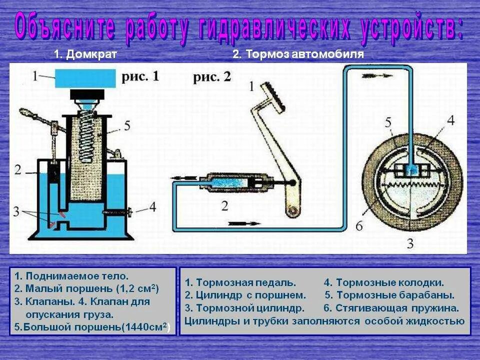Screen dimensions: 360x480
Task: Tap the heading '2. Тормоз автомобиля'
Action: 298,54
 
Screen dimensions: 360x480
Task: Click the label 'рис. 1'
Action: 140,76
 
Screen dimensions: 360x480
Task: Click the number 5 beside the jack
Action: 126,125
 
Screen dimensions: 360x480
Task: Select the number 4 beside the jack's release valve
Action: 152,206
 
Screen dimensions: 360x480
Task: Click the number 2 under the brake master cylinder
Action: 224,205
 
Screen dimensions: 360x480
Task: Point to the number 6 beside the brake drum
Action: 358,226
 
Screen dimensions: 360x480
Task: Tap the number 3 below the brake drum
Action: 409,244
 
